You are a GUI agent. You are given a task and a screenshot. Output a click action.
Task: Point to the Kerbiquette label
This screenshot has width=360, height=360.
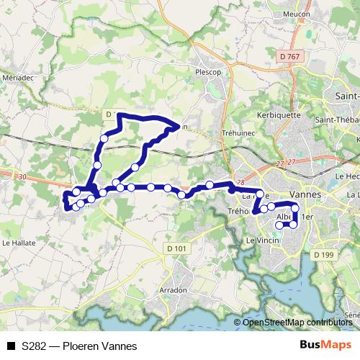pos(278,114)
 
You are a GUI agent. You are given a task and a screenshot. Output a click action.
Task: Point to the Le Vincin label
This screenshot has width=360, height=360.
pos(262,240)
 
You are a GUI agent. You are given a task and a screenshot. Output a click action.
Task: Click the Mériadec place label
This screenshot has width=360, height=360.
pos(17,77)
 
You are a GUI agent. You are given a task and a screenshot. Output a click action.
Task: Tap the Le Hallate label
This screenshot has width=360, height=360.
pos(17,243)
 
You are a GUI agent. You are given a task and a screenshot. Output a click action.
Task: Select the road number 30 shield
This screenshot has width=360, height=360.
pos(22,177)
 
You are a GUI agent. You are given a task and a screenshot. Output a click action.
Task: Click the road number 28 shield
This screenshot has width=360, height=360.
pos(240,183)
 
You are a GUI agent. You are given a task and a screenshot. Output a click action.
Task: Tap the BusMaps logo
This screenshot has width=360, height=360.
pos(325,345)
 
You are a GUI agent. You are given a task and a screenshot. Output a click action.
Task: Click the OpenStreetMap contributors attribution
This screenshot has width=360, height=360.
pos(297,323)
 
